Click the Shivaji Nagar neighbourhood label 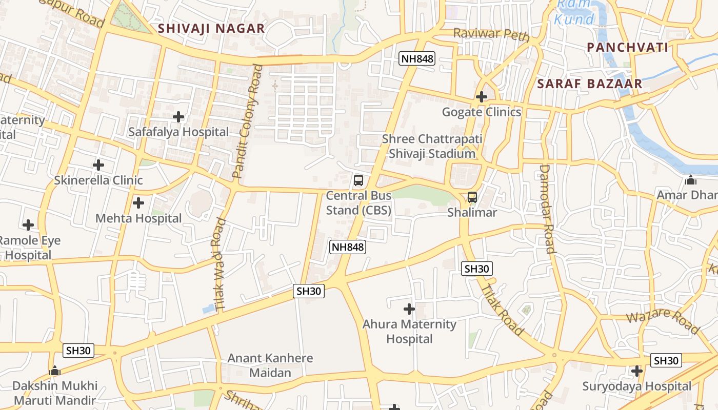211,28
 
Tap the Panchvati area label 627,48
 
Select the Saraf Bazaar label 589,84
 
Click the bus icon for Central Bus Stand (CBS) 358,180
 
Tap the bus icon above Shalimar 472,197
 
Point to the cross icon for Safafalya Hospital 178,117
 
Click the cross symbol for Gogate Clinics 481,96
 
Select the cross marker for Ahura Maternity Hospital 409,309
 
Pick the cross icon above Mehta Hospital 138,203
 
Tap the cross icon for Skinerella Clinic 98,165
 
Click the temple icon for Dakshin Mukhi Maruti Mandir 54,370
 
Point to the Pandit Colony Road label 247,121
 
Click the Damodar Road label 547,209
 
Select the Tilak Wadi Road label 220,264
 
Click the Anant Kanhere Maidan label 270,365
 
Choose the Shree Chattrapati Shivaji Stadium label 432,146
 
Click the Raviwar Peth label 491,35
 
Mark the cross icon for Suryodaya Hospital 636,371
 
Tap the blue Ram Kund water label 574,12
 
